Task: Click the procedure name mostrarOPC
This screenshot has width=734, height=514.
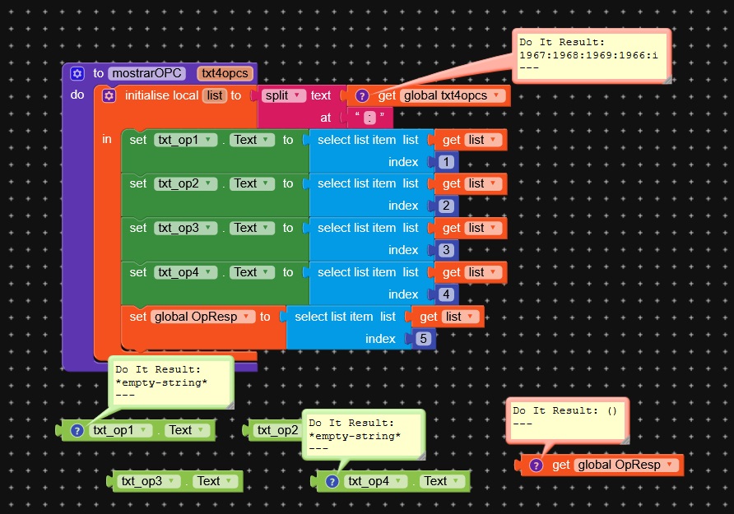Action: (148, 73)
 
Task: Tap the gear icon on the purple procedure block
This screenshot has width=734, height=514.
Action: (77, 73)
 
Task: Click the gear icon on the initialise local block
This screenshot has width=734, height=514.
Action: (109, 95)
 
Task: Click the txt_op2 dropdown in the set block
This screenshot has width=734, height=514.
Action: (185, 183)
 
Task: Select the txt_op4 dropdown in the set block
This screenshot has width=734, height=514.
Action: (185, 272)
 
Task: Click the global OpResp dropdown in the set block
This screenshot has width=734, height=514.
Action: (202, 317)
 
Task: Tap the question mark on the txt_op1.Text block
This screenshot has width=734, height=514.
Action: (77, 430)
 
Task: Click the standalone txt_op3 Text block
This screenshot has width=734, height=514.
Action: (176, 481)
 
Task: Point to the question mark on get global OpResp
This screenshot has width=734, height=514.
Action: (536, 465)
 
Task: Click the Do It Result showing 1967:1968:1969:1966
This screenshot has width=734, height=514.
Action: (592, 54)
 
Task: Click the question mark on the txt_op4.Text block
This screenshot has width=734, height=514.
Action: (332, 481)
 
